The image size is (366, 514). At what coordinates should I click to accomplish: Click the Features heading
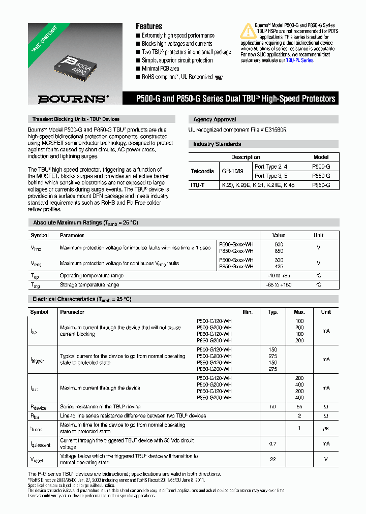point(149,26)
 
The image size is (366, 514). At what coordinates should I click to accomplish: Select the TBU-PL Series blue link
point(300,60)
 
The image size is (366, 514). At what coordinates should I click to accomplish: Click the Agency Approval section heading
point(215,119)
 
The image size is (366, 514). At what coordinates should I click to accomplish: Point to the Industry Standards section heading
point(217,144)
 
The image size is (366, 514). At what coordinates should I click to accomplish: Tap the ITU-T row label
point(198,185)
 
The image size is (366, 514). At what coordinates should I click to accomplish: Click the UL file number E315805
point(272,130)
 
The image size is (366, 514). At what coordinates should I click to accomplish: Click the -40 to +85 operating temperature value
point(279,275)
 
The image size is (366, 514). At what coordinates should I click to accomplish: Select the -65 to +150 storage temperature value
point(279,285)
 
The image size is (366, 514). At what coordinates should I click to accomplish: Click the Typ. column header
point(273,312)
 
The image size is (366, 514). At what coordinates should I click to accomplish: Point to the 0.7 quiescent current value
point(272,443)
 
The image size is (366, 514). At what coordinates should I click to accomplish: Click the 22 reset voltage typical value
point(272,459)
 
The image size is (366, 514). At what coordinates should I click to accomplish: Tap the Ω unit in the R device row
point(326,407)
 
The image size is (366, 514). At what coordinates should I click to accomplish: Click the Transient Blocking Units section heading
point(76,119)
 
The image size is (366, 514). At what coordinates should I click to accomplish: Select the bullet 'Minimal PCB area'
point(161,68)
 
